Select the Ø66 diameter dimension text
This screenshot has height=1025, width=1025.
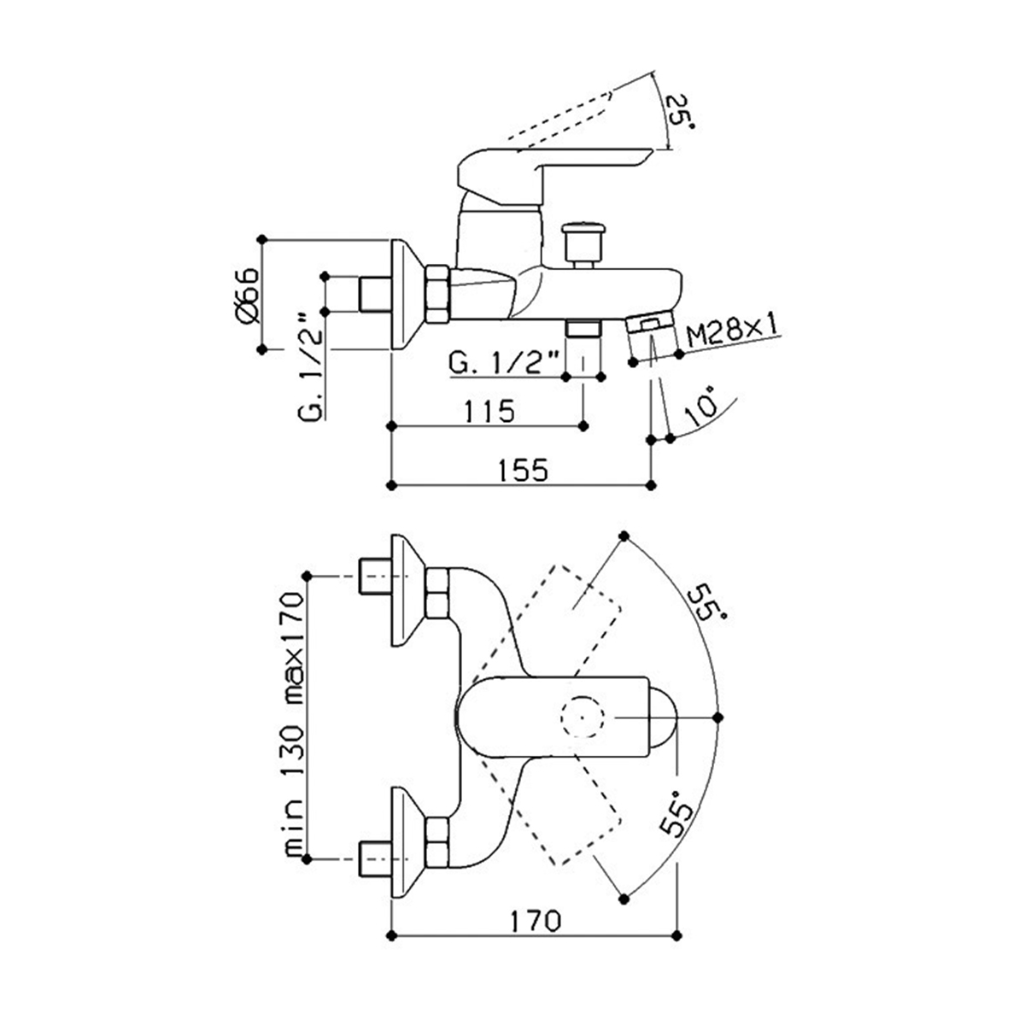[x=246, y=296]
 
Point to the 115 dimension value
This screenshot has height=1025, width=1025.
[x=489, y=411]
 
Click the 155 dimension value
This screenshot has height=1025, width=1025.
[x=523, y=470]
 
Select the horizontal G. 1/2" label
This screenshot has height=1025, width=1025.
[x=503, y=363]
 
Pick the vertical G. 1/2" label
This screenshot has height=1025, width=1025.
[x=311, y=367]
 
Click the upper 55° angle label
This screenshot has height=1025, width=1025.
[x=706, y=604]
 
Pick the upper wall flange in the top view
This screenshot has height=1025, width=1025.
[x=408, y=591]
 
